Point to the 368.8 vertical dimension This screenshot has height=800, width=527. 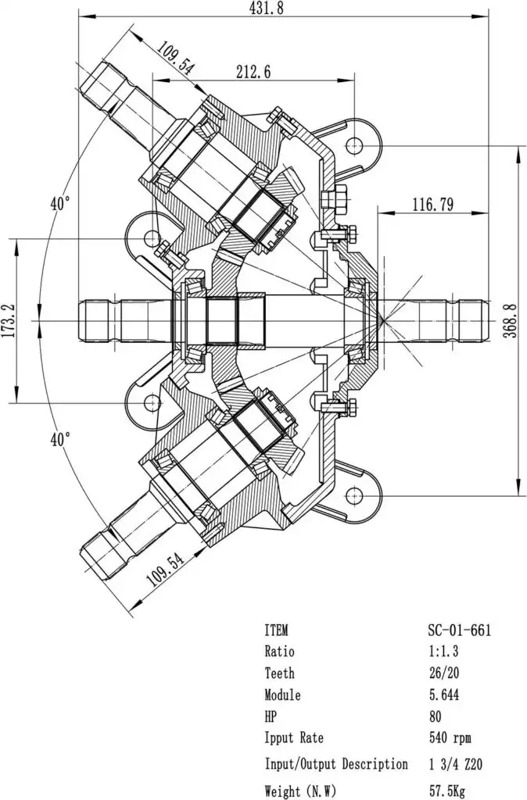click(x=511, y=320)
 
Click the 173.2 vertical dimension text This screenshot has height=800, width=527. click(x=10, y=321)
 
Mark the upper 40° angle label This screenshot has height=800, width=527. click(x=60, y=204)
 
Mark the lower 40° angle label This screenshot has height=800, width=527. click(x=60, y=440)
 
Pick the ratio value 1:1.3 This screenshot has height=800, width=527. click(x=446, y=652)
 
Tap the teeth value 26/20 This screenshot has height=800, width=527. click(x=446, y=673)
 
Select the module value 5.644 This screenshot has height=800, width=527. click(x=446, y=695)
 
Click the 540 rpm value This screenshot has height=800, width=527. click(x=450, y=737)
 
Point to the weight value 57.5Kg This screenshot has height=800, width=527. click(x=447, y=791)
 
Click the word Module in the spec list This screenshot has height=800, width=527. click(x=282, y=695)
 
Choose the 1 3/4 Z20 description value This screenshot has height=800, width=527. click(x=457, y=764)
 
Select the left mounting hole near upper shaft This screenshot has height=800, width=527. click(x=152, y=236)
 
